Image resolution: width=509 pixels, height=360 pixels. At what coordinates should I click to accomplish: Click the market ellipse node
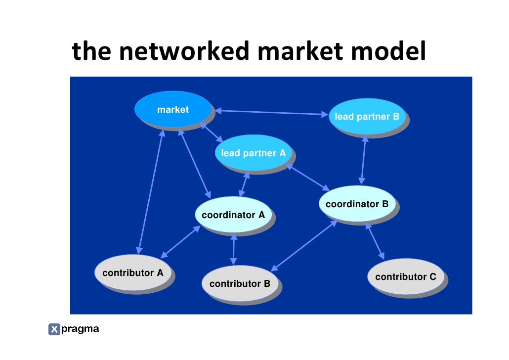point(172,110)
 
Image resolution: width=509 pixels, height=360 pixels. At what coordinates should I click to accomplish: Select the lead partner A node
point(253,153)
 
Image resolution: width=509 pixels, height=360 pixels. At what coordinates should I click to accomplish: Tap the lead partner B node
point(366,117)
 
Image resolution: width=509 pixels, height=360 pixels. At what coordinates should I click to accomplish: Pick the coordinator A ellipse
point(233,215)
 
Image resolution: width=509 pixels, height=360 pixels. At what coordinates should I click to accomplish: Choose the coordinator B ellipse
point(357,204)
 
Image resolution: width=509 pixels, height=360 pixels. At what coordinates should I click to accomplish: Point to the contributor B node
point(240,284)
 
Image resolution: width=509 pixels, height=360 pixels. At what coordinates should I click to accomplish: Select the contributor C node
point(405,277)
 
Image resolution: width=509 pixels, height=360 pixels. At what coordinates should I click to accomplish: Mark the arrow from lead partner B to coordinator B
point(364,159)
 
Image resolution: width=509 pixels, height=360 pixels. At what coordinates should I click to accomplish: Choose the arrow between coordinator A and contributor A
point(180,242)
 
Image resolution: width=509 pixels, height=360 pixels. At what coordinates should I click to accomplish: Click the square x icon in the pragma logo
point(54,329)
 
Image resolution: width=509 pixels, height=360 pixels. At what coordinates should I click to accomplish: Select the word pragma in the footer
point(80,329)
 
